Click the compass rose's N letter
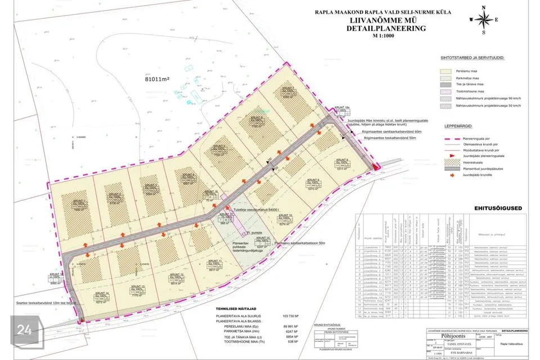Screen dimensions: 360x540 pos(483,7)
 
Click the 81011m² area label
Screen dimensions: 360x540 pos(160,80)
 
